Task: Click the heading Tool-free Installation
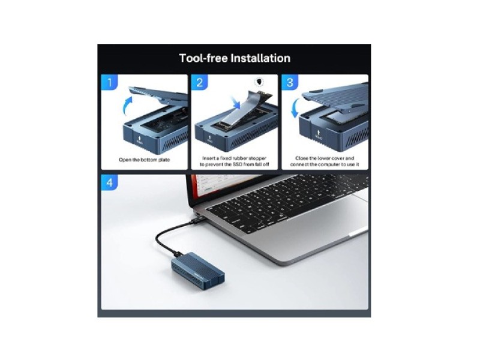coord(235,58)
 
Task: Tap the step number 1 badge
coord(110,83)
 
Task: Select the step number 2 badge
coord(200,83)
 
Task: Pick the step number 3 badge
coord(290,83)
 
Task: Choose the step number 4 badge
coord(110,181)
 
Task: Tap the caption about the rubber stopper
coord(234,161)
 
